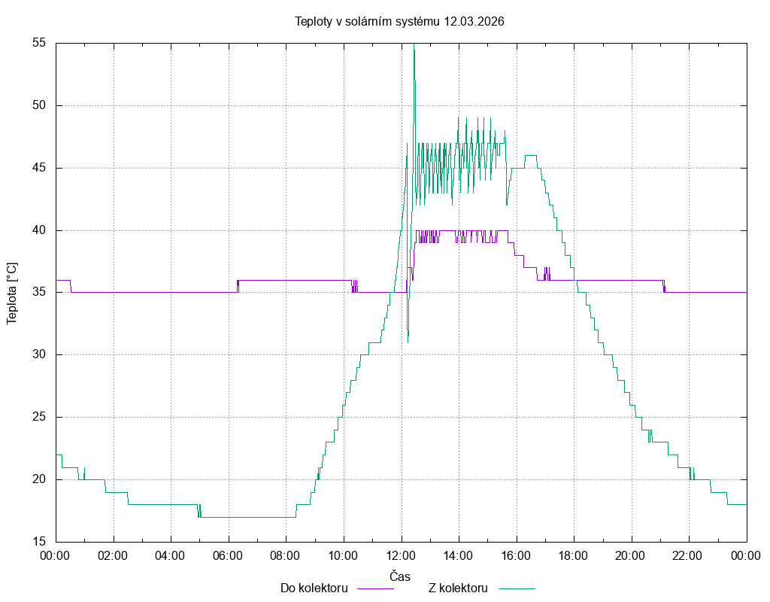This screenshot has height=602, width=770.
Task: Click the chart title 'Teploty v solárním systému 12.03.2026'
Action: [399, 21]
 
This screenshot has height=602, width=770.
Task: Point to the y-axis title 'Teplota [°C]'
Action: [11, 293]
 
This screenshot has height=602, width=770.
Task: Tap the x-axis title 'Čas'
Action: [400, 576]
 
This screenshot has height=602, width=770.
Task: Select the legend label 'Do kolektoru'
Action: [314, 588]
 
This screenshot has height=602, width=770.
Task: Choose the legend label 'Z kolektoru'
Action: [458, 588]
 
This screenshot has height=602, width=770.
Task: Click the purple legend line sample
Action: [374, 588]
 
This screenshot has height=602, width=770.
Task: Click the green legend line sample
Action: [515, 588]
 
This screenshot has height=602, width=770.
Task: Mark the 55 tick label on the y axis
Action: [40, 43]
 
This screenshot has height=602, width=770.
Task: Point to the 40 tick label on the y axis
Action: [40, 230]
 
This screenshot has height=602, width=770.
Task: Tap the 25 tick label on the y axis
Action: [40, 417]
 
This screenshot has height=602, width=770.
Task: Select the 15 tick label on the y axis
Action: [40, 542]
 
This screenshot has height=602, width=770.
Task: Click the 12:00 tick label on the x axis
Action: [401, 556]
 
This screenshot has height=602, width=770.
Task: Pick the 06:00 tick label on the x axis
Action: [228, 556]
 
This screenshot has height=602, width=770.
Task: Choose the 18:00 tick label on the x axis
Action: [574, 556]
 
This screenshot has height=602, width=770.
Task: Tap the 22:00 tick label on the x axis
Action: [689, 556]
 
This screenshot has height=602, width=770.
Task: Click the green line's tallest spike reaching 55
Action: [414, 47]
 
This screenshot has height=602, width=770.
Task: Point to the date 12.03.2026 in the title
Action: [474, 21]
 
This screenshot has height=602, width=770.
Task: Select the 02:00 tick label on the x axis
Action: [113, 556]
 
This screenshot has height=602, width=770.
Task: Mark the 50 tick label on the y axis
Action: [40, 105]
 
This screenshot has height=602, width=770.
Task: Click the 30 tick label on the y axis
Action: [40, 354]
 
